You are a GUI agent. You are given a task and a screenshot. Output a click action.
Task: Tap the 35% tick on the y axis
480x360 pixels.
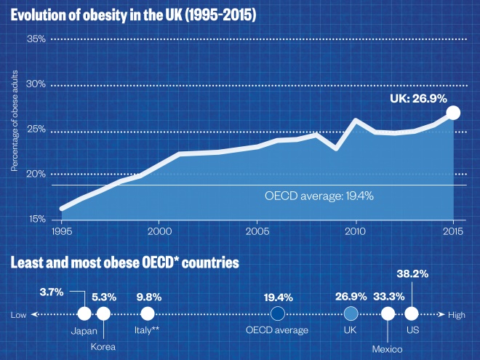click(x=36, y=39)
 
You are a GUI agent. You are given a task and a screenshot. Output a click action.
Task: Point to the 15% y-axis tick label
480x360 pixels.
click(x=36, y=219)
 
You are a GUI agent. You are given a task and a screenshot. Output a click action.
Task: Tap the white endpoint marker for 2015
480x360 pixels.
click(x=453, y=112)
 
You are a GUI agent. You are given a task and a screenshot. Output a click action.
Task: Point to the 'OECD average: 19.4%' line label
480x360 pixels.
click(x=322, y=196)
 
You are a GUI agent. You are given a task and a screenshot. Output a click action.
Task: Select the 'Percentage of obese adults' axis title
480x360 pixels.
click(x=14, y=128)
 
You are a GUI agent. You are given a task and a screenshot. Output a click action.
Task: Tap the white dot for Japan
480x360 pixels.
click(x=84, y=313)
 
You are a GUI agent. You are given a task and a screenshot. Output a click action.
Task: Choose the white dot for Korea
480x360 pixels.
click(x=103, y=313)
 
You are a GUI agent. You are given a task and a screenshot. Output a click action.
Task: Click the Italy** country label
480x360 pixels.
click(x=148, y=330)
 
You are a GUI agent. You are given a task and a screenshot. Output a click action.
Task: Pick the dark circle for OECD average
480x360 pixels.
click(x=277, y=313)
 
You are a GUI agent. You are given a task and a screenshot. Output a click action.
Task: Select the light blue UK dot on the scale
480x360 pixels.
click(x=351, y=313)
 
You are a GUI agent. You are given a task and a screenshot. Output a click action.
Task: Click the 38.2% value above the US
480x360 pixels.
click(x=412, y=275)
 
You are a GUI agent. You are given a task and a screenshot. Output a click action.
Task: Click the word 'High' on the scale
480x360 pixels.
click(x=457, y=314)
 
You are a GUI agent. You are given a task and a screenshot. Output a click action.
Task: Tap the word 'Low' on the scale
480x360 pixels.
click(x=19, y=314)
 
